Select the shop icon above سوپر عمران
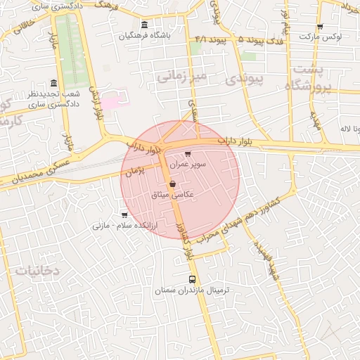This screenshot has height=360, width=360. tap(187, 153)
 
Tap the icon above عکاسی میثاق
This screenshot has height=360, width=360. tap(173, 184)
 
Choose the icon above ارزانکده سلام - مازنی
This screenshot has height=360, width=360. tap(124, 215)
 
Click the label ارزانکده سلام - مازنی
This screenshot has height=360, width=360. tap(124, 226)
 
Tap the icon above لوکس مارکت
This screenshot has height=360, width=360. tap(320, 27)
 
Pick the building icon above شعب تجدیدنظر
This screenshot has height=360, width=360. tap(54, 82)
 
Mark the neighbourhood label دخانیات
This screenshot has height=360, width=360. tap(37, 270)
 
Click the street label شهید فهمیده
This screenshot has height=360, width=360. tap(266, 258)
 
